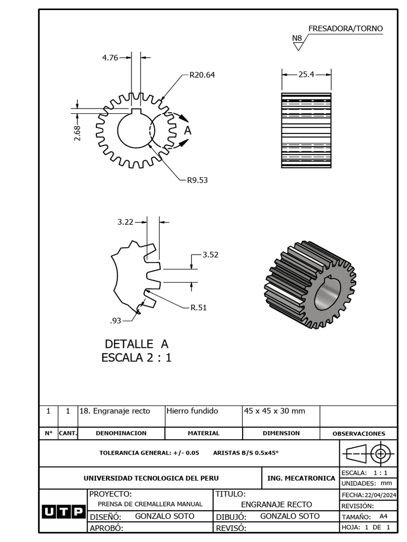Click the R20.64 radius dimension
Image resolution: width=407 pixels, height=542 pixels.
click(202, 75)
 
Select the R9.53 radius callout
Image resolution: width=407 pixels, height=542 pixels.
click(197, 180)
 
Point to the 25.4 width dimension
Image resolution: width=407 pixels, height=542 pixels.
click(306, 75)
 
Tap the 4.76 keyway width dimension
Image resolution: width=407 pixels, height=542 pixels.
click(110, 58)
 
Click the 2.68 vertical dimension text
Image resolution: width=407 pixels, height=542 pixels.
click(77, 133)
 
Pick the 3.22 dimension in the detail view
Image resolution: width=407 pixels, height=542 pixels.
click(125, 222)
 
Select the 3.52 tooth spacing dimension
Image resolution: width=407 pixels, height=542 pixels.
click(210, 255)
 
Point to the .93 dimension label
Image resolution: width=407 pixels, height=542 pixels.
click(116, 320)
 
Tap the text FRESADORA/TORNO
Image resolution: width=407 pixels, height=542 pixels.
click(345, 29)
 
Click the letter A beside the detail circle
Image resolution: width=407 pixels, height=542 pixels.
click(187, 130)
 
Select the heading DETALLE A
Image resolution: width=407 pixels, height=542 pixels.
click(136, 344)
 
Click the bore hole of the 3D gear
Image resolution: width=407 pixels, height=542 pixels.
click(327, 294)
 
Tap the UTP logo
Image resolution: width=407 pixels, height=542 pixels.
click(63, 512)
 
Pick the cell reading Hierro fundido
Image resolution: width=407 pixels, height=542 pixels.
click(193, 411)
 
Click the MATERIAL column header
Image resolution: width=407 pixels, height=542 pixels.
click(203, 433)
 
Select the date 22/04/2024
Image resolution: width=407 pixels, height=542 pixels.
click(379, 495)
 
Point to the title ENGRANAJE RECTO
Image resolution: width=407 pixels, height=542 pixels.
click(276, 504)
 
